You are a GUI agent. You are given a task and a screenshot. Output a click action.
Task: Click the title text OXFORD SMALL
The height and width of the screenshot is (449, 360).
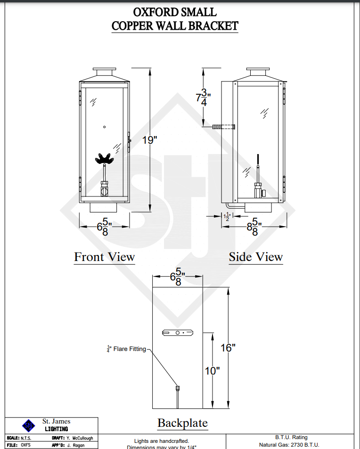coord(175,12)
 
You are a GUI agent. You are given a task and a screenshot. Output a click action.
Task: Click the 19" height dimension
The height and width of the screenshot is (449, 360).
coord(149,140)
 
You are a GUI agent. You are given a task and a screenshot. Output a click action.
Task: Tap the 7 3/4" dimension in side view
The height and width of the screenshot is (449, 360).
coord(203,97)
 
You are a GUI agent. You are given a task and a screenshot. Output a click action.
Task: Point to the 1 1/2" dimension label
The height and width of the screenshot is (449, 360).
coord(227,217)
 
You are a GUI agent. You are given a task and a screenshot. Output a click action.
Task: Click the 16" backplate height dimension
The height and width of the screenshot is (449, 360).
coord(228,348)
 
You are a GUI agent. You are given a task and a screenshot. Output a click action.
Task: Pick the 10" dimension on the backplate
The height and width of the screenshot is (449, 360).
coord(212,371)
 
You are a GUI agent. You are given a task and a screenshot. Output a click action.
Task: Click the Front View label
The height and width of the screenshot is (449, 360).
coord(104,257)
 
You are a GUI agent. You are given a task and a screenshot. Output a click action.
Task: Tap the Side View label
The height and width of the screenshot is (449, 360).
coord(255,257)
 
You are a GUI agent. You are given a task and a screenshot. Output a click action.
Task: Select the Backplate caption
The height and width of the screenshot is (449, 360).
coord(182,423)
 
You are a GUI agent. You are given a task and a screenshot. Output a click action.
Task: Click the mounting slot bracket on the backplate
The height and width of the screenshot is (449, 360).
coord(177,332)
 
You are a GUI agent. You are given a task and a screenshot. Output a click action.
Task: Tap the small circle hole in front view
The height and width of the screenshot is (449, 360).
coord(105,127)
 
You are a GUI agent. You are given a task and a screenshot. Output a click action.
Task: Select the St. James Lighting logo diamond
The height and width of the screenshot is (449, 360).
coord(29,425)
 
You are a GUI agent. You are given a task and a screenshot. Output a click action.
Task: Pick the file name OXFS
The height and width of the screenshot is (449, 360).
coord(25,445)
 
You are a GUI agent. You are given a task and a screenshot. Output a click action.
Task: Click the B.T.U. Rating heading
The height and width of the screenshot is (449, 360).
coord(291,438)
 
